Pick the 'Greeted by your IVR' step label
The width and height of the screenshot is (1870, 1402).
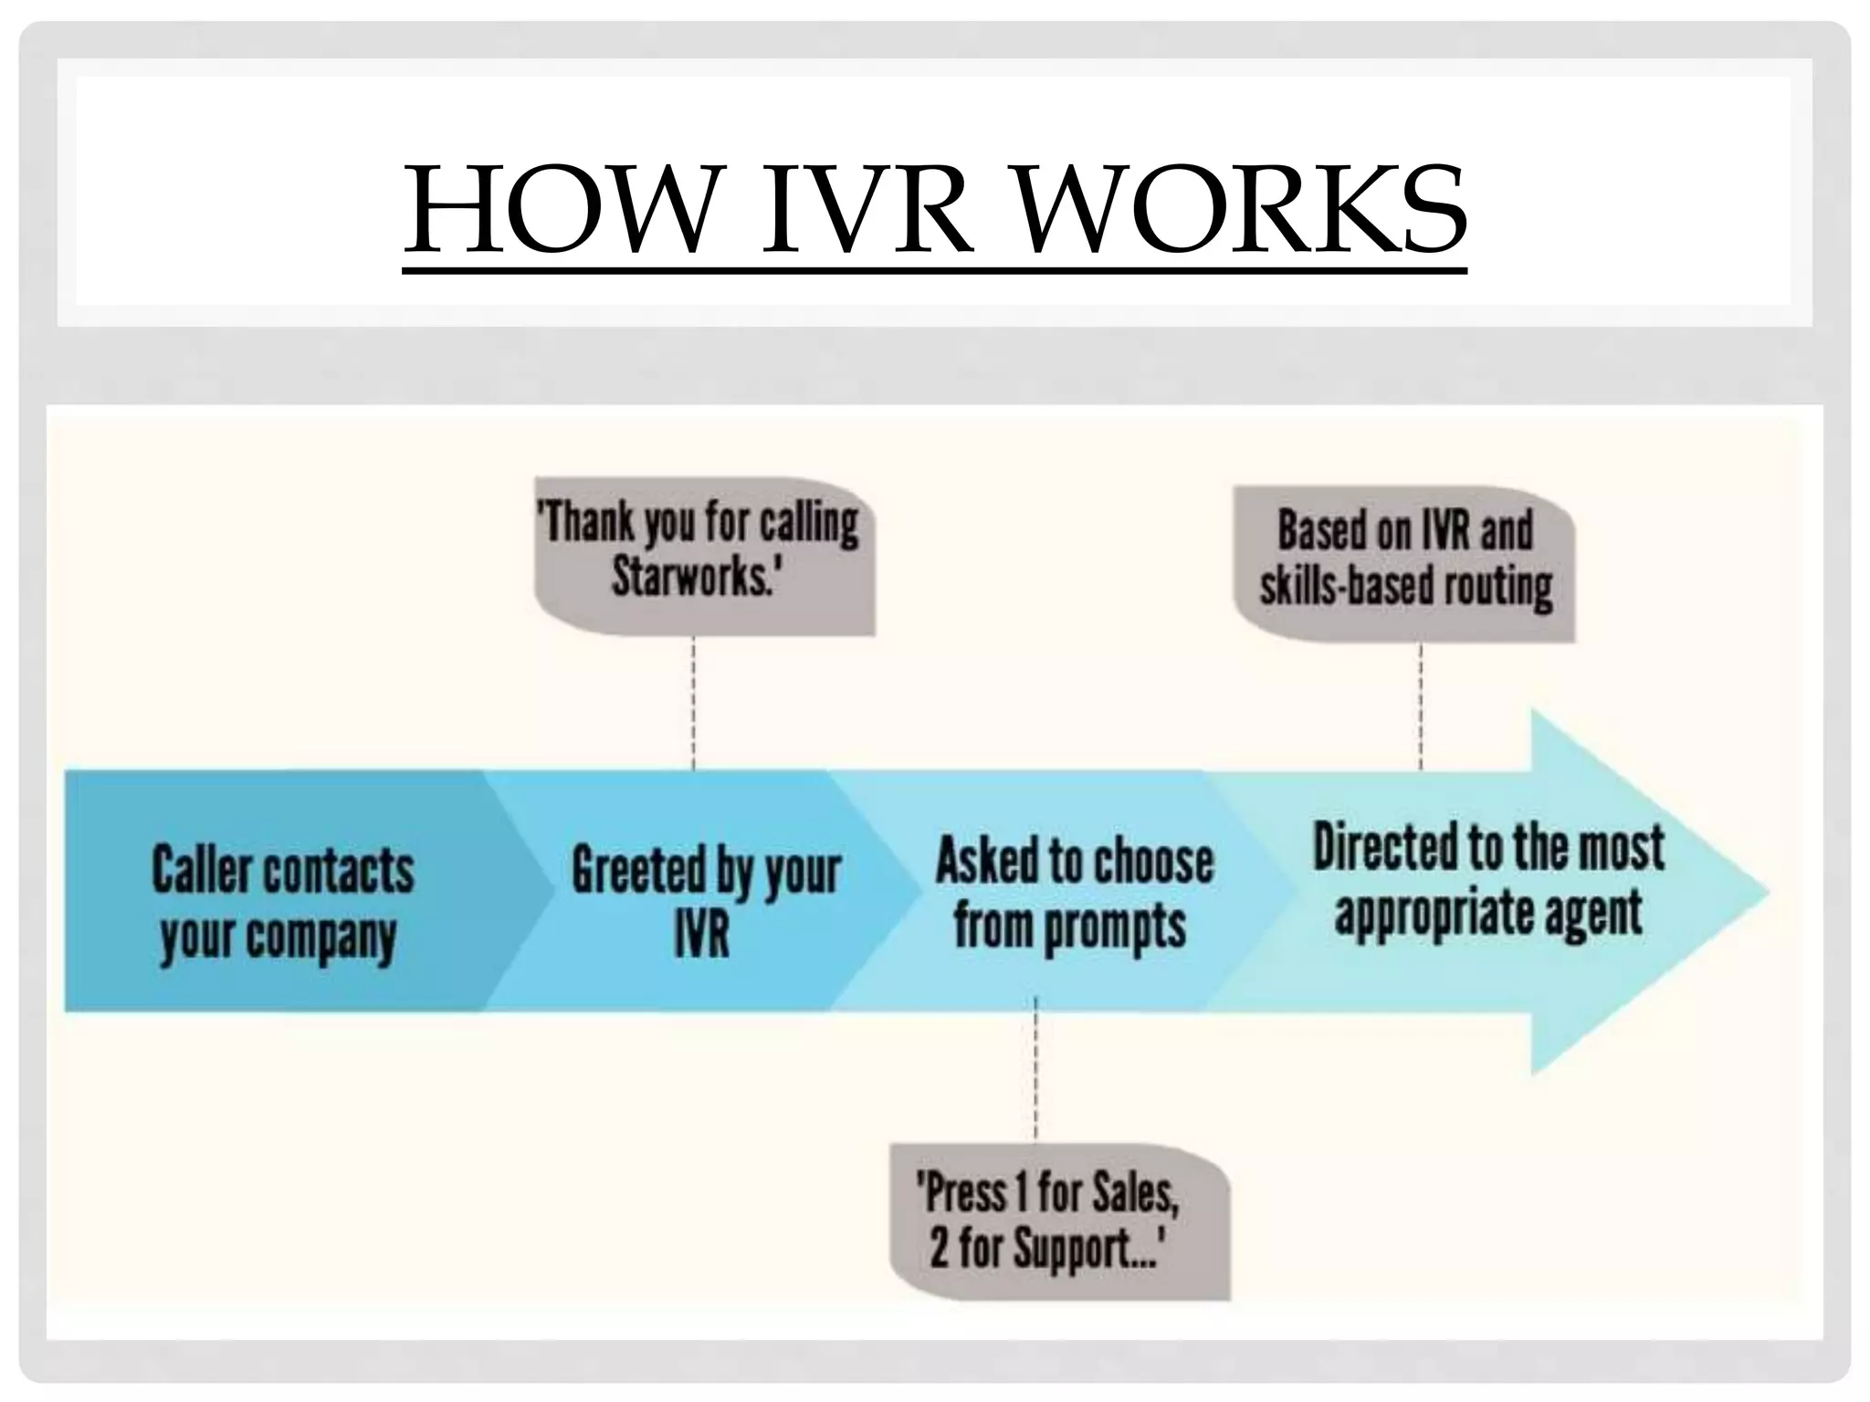(x=705, y=902)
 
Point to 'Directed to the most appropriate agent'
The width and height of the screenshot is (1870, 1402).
(x=1488, y=879)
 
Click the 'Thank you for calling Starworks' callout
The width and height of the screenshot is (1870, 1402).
(x=703, y=553)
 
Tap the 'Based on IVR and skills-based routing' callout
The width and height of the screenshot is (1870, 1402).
(x=1405, y=560)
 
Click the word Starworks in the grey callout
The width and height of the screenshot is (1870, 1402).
(x=691, y=577)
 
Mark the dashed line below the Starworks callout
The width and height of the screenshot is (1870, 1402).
(x=694, y=703)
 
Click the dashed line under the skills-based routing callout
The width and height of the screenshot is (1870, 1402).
(x=1421, y=707)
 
